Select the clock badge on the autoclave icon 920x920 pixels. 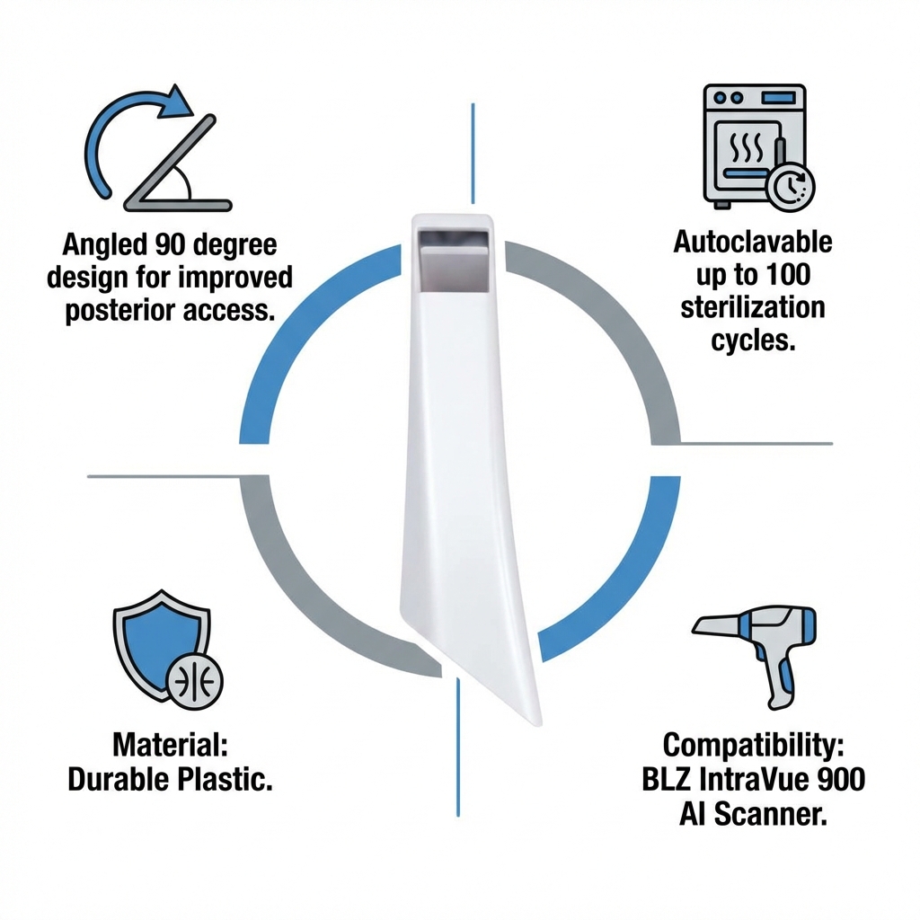pyautogui.click(x=791, y=183)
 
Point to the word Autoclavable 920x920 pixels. pyautogui.click(x=753, y=243)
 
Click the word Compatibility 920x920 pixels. pyautogui.click(x=753, y=745)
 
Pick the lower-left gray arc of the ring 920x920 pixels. pyautogui.click(x=296, y=593)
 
